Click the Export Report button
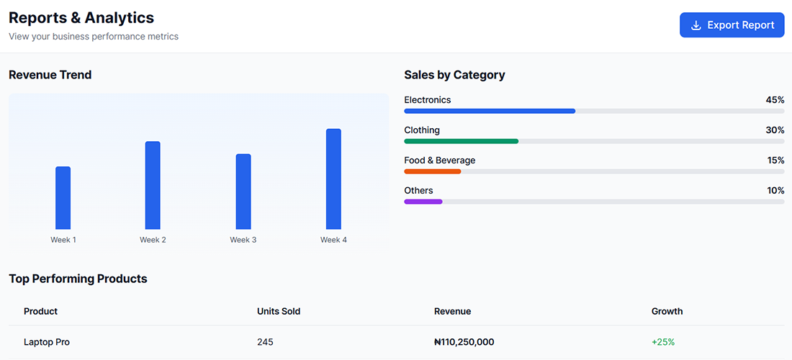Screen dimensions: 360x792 pyautogui.click(x=732, y=25)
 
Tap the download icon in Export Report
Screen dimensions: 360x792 pyautogui.click(x=696, y=25)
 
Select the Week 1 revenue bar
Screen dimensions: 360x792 pyautogui.click(x=63, y=198)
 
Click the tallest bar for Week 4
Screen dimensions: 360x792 pyautogui.click(x=333, y=179)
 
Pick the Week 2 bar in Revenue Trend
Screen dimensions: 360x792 pyautogui.click(x=153, y=185)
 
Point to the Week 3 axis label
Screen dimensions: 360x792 pyautogui.click(x=243, y=240)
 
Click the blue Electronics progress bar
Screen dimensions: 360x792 pyautogui.click(x=490, y=111)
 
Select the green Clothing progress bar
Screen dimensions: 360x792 pyautogui.click(x=461, y=141)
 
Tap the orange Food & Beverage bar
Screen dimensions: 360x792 pyautogui.click(x=432, y=171)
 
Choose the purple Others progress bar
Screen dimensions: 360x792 pyautogui.click(x=423, y=202)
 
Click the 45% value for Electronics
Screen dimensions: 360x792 pyautogui.click(x=775, y=100)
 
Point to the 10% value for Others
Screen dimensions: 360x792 pyautogui.click(x=775, y=191)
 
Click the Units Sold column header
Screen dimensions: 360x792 pyautogui.click(x=279, y=312)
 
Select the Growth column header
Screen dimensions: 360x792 pyautogui.click(x=667, y=312)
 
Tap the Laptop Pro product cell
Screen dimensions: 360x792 pyautogui.click(x=47, y=342)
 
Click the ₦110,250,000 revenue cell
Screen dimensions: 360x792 pyautogui.click(x=464, y=342)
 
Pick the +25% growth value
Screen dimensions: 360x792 pyautogui.click(x=663, y=342)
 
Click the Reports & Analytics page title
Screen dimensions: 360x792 pyautogui.click(x=81, y=18)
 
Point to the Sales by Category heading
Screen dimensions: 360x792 pyautogui.click(x=454, y=75)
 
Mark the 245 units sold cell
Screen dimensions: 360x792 pyautogui.click(x=265, y=342)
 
